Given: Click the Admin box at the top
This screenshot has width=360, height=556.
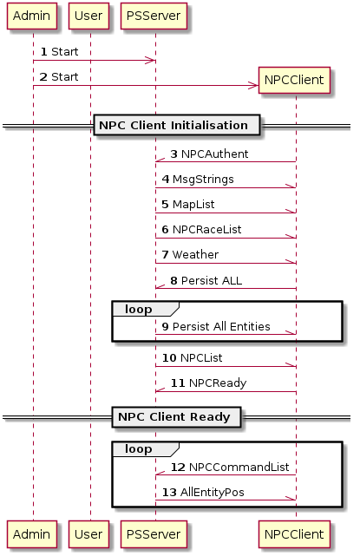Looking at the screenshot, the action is tap(32, 16).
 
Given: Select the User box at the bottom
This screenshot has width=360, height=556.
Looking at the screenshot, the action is tap(88, 534).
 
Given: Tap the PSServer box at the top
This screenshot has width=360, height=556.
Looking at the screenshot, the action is tap(154, 16).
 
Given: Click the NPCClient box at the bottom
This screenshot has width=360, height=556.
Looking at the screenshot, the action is tap(294, 534).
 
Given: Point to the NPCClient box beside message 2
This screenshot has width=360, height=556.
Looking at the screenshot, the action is tap(294, 80).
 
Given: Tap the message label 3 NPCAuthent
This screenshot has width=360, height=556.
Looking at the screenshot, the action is tap(209, 154).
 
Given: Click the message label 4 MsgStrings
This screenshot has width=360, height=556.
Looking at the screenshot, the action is tap(198, 179).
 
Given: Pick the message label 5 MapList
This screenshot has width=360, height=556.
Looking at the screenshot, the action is tap(188, 204).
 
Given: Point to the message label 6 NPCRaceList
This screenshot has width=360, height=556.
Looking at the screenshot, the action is tap(201, 229).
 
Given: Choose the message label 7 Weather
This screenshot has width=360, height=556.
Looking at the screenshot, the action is tap(190, 255).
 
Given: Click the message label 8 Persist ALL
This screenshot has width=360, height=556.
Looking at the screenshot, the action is tap(206, 280).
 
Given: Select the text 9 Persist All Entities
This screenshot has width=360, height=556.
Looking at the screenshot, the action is tap(216, 327).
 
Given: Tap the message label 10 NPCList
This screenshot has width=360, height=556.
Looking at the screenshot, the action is tap(193, 357).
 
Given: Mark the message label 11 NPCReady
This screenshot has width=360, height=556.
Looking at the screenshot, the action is tap(208, 383).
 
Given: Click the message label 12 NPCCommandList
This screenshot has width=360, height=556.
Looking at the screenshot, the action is tap(230, 467).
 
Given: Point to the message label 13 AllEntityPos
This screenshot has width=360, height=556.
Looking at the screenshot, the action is tap(203, 492).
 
